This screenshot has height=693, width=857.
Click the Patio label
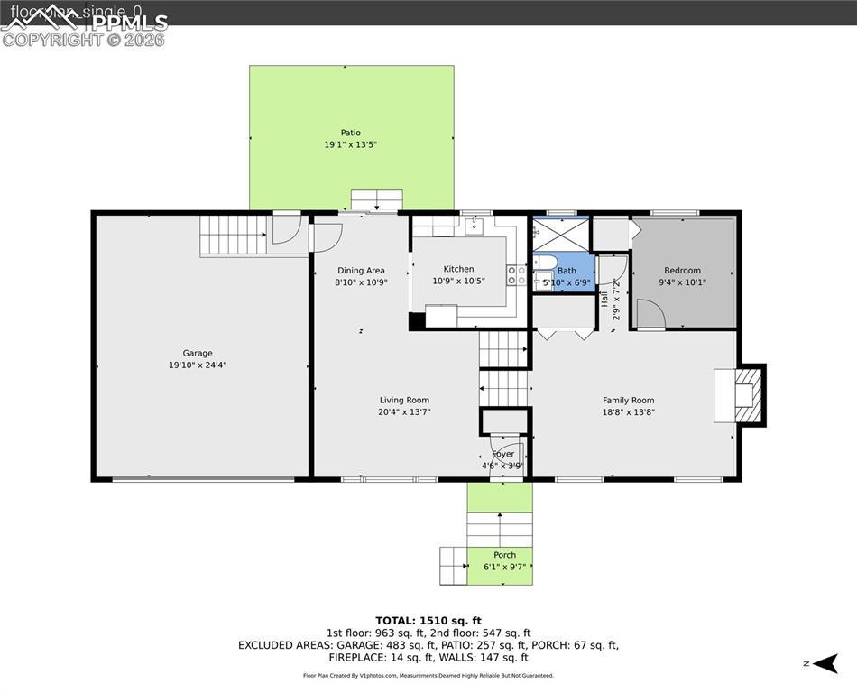click(350, 133)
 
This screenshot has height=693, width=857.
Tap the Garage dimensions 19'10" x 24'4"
click(198, 365)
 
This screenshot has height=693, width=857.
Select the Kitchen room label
click(458, 269)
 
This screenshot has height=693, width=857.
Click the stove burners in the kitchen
click(517, 275)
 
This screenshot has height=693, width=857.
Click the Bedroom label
click(682, 270)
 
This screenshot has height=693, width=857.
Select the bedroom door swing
click(650, 314)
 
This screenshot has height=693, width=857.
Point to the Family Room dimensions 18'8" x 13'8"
click(628, 412)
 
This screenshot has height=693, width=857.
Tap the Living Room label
click(404, 400)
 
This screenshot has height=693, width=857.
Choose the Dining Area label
click(361, 270)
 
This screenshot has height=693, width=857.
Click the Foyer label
click(502, 454)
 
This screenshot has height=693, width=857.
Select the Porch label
click(504, 555)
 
